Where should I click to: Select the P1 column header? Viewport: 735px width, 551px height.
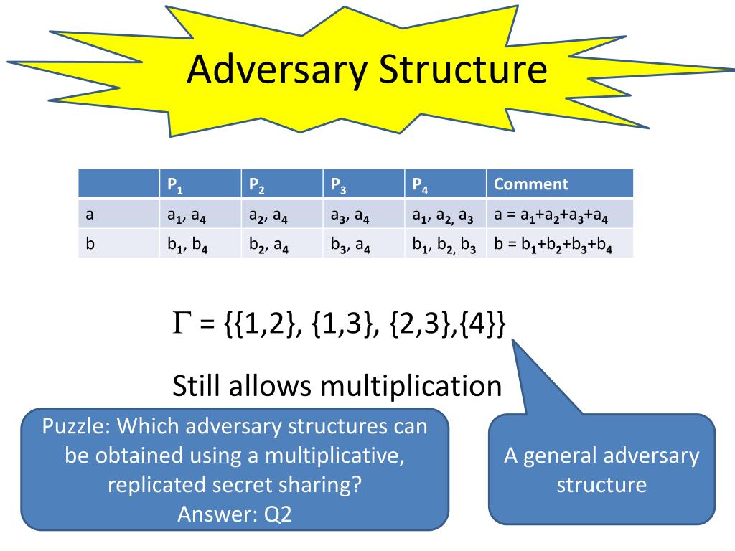pyautogui.click(x=175, y=184)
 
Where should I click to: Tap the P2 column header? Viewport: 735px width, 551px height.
pyautogui.click(x=257, y=184)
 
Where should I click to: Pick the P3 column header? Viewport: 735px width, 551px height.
pyautogui.click(x=338, y=184)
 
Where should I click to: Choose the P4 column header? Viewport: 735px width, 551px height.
pyautogui.click(x=420, y=184)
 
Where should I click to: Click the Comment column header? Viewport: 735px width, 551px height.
pyautogui.click(x=530, y=184)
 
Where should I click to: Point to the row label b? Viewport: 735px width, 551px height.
pyautogui.click(x=90, y=243)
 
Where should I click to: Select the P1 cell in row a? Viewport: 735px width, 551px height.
pyautogui.click(x=188, y=215)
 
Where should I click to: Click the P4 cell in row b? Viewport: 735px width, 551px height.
pyautogui.click(x=444, y=244)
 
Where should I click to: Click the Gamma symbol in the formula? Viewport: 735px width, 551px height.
pyautogui.click(x=181, y=325)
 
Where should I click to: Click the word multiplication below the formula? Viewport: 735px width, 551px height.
pyautogui.click(x=411, y=386)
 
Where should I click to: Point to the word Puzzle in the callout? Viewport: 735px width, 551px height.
pyautogui.click(x=75, y=426)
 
